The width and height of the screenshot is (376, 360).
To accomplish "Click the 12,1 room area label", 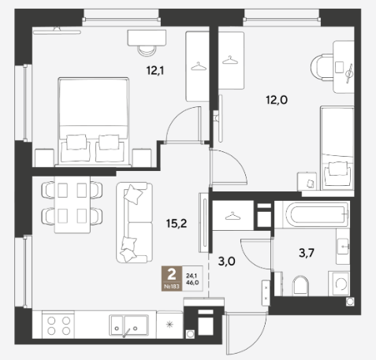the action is coord(155,71).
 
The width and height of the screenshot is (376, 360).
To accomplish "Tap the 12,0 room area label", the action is coord(277,100).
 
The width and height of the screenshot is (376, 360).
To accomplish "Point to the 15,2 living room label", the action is coord(177,224).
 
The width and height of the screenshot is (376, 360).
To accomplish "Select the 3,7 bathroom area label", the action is coord(307,253).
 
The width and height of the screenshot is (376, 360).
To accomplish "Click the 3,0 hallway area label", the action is coord(227,262).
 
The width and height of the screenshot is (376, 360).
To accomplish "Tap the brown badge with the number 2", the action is coord(172,278).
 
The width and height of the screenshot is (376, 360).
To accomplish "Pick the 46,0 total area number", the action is coord(192,283).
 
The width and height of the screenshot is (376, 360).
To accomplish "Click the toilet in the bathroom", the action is coord(300,286).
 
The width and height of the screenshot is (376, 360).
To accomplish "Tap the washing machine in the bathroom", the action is coord(339,284).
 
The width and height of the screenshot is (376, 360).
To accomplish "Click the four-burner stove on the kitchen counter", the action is coord(58,325).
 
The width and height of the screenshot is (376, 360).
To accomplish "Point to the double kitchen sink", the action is coord(128,325).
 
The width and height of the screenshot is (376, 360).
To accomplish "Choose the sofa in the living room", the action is coord(134,222).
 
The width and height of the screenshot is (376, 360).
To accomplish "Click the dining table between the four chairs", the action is coord(73,205).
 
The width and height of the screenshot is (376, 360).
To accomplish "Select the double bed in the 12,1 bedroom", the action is coord(93,122).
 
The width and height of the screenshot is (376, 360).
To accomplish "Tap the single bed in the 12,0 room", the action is coord(337,148).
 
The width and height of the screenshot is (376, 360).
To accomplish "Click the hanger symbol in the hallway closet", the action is coord(233,217).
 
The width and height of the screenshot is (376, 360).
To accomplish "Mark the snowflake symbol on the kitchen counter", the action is coord(170,325).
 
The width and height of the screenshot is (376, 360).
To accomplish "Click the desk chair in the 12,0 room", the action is coord(322,67).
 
